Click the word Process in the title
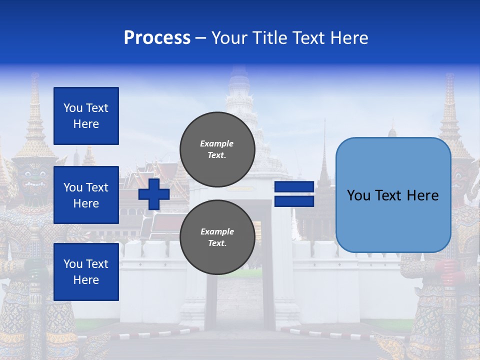pyautogui.click(x=157, y=38)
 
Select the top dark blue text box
pyautogui.click(x=86, y=116)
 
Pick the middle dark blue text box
pyautogui.click(x=86, y=195)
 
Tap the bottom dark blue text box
pyautogui.click(x=86, y=272)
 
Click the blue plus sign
pyautogui.click(x=154, y=194)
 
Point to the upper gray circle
pyautogui.click(x=217, y=149)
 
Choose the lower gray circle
pyautogui.click(x=217, y=237)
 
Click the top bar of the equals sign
pyautogui.click(x=294, y=187)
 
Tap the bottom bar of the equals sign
pyautogui.click(x=294, y=201)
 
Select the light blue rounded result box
pyautogui.click(x=393, y=195)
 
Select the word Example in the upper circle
pyautogui.click(x=217, y=144)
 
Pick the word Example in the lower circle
pyautogui.click(x=217, y=232)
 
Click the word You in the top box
pyautogui.click(x=72, y=108)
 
